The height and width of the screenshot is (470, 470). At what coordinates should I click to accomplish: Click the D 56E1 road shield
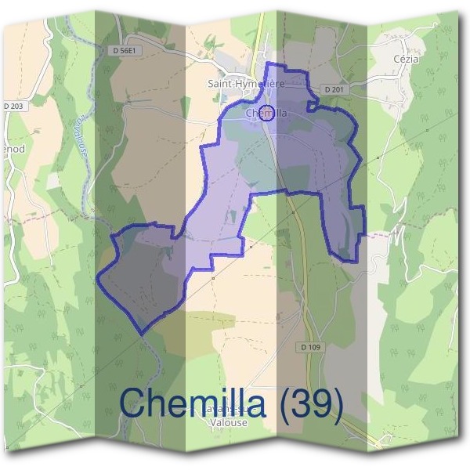pos(126,49)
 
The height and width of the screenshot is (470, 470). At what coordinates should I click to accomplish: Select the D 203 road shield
pos(15,107)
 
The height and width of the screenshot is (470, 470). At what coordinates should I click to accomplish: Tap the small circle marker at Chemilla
pos(267,113)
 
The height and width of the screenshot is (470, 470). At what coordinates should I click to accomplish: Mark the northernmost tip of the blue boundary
pos(268,63)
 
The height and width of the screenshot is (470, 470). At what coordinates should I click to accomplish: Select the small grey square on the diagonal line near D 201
pos(377,157)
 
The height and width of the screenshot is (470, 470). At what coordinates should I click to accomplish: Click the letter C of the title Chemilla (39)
pos(133,403)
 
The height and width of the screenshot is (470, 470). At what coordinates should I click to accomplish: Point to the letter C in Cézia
pos(397,59)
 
